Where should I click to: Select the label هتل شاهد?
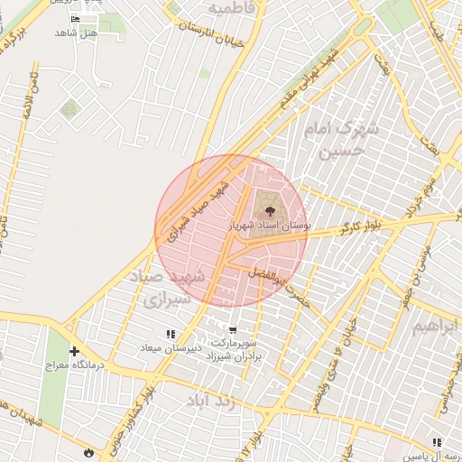(76, 32)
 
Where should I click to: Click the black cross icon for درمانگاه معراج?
(74, 352)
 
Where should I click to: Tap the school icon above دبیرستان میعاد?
(170, 334)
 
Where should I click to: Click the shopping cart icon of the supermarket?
(234, 330)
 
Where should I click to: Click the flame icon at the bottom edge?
(88, 451)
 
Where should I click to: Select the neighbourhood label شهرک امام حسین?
(343, 139)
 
